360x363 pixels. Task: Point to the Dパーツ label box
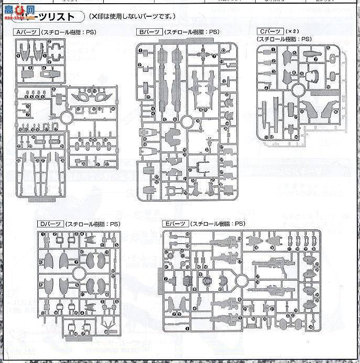point(51,224)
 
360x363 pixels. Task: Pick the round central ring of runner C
point(297,91)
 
